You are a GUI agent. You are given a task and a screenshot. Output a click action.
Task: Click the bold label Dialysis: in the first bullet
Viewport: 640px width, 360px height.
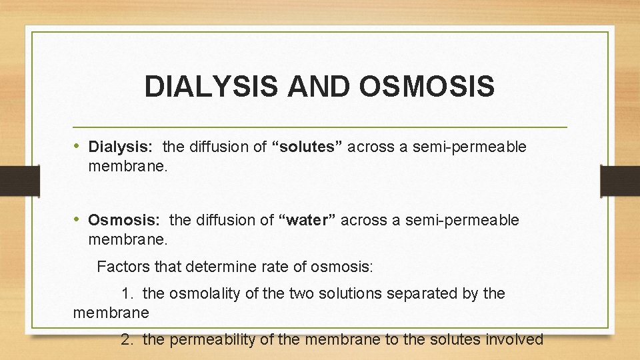pos(122,147)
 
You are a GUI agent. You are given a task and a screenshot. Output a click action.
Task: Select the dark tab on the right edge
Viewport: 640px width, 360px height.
pos(619,181)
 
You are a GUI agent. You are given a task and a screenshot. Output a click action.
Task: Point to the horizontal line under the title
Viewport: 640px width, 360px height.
pos(320,127)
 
